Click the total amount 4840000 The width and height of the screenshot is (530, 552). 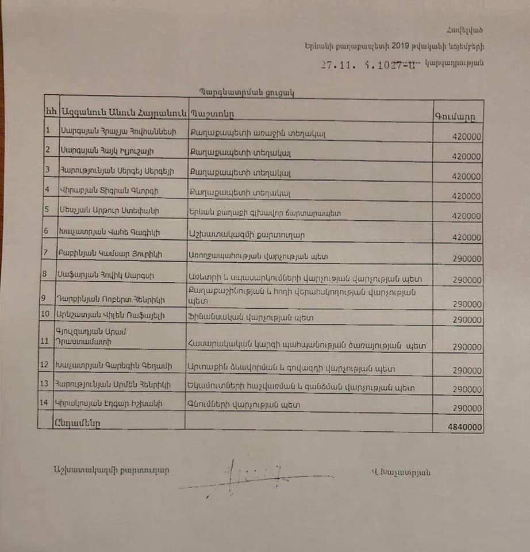point(467,428)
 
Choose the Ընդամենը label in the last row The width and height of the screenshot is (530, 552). point(78,421)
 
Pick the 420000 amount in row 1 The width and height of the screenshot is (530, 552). point(466,136)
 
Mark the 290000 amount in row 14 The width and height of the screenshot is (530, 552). point(466,408)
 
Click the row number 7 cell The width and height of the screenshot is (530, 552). point(46,254)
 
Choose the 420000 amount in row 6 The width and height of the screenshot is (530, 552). point(466,237)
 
